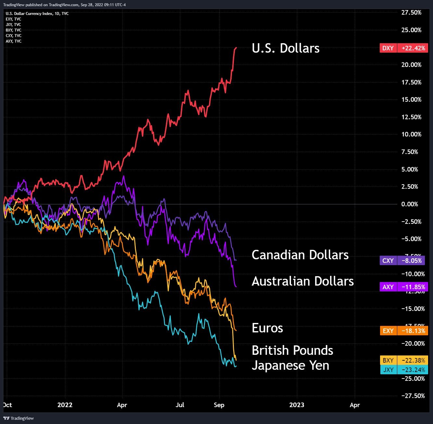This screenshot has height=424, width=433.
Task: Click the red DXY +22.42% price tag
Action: tap(404, 48)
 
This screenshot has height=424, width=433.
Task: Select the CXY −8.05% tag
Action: tap(404, 260)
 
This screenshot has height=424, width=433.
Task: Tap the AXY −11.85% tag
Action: tap(404, 287)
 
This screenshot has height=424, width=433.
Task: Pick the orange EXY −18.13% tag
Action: tap(404, 331)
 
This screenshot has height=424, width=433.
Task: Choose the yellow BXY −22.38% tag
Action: tap(404, 360)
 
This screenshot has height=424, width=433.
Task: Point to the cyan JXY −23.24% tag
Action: tap(404, 370)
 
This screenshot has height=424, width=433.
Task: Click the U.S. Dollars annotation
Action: tap(286, 48)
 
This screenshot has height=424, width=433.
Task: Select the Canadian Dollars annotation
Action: tap(300, 255)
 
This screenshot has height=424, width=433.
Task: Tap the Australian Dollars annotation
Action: tap(302, 281)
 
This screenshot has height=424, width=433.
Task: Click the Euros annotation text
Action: tap(267, 328)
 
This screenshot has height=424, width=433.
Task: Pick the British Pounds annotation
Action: tap(292, 351)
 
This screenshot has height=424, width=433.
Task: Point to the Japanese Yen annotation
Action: tap(290, 366)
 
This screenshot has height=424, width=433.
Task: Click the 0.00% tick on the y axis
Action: tap(410, 204)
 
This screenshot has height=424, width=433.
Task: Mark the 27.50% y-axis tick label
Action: tap(411, 13)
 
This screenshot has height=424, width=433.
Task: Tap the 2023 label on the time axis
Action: tap(297, 405)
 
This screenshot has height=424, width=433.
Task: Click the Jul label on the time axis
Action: tap(180, 405)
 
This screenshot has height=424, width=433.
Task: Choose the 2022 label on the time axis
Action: tap(65, 405)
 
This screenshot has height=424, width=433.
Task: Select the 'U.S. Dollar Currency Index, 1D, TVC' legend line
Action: tap(37, 14)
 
